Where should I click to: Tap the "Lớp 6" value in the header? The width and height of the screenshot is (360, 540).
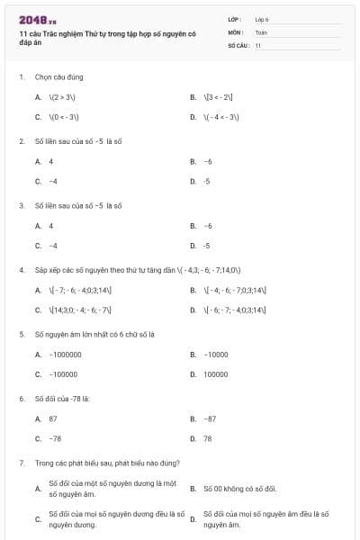[262, 18]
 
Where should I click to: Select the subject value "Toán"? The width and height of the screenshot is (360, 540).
[261, 31]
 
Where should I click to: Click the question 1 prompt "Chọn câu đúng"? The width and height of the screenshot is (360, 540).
[53, 77]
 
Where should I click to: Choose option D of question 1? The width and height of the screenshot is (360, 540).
[221, 117]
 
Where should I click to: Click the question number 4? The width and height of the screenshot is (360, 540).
[21, 269]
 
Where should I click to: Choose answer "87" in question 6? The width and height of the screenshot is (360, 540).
[53, 418]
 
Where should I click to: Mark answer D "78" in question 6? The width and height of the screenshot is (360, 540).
[208, 438]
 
